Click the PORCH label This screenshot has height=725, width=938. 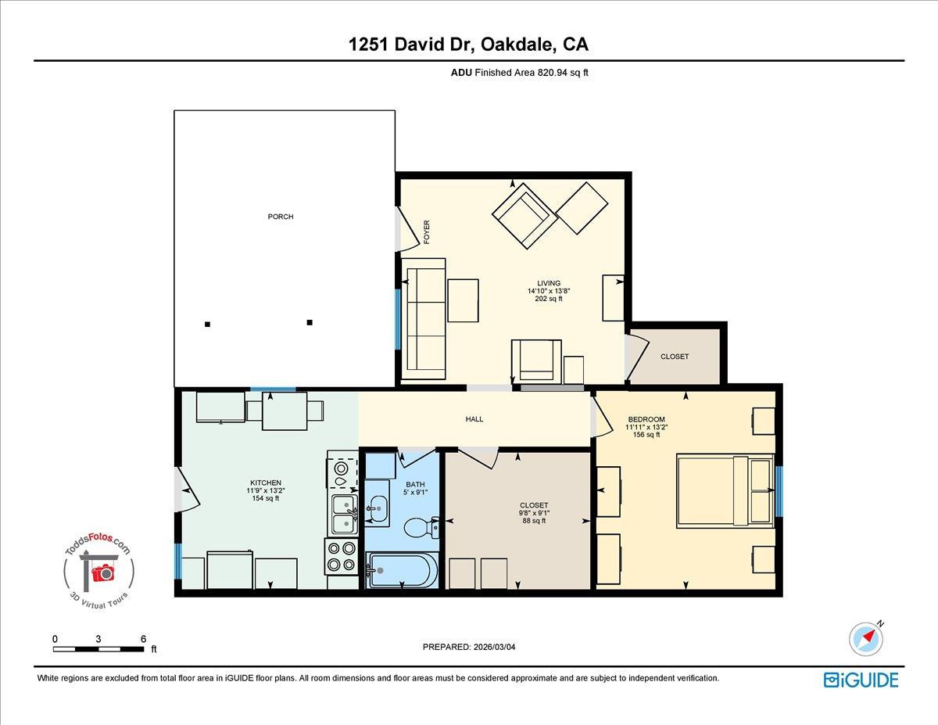tap(281, 217)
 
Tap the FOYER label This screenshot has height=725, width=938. tap(427, 232)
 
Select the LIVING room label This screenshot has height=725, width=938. tap(548, 283)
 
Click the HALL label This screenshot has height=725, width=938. tap(474, 419)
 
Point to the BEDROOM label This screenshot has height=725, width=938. tap(646, 420)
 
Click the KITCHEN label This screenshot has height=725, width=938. tap(265, 483)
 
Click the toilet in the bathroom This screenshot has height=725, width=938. tap(419, 529)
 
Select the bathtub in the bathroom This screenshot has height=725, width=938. tap(403, 570)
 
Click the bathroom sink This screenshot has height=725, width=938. tap(377, 509)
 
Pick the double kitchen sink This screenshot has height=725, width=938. tap(344, 514)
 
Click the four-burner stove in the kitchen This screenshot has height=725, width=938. tap(341, 557)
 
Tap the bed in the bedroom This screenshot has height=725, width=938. tap(725, 491)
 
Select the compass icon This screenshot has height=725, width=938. tap(866, 639)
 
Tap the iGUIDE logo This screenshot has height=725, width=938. tap(861, 679)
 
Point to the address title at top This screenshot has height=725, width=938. tap(468, 45)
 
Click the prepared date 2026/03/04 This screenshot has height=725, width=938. tap(468, 647)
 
